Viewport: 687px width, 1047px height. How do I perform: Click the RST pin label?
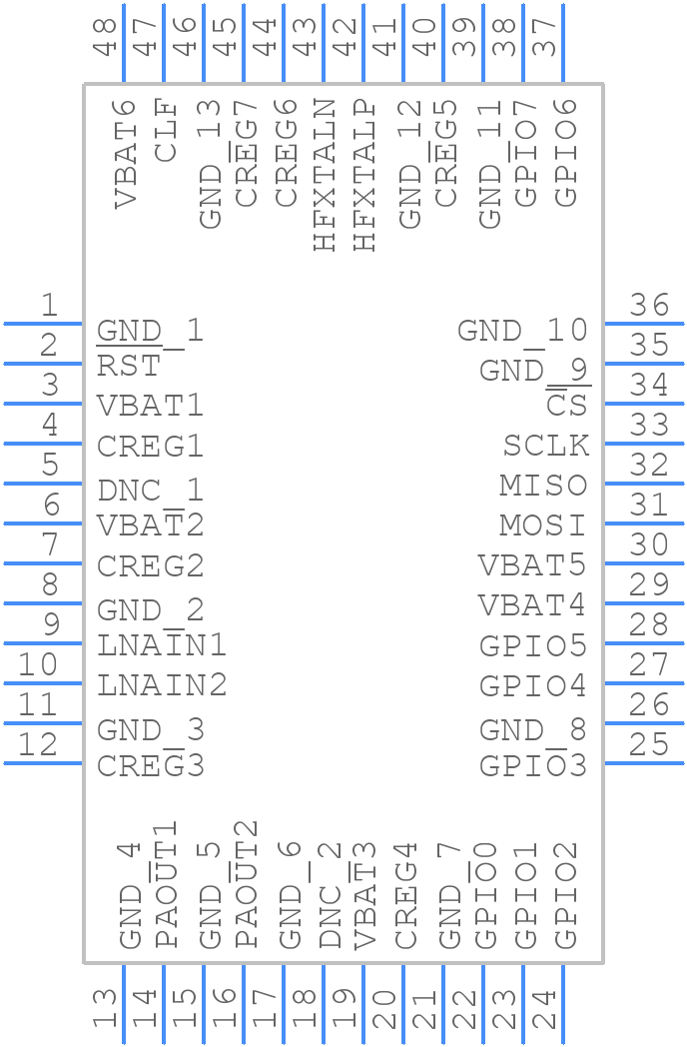coord(128,366)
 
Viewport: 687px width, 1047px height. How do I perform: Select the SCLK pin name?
coord(545,446)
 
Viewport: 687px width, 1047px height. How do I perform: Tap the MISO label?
coord(543,486)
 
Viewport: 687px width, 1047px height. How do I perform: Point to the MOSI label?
coord(543,525)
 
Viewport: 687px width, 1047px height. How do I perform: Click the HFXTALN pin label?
coord(326,174)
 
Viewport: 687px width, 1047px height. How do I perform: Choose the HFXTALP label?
coord(365,174)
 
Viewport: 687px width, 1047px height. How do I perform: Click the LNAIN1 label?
coord(162,645)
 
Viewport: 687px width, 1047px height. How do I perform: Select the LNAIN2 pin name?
coord(162,685)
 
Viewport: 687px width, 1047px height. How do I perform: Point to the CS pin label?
coord(567,406)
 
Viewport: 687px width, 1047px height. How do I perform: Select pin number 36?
coord(649,305)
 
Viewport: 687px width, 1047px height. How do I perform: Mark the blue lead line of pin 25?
coord(643,763)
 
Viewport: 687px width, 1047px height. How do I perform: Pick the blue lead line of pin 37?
coord(563,44)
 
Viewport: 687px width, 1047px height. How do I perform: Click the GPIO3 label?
coord(532,766)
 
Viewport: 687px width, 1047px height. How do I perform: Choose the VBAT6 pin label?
coord(126,153)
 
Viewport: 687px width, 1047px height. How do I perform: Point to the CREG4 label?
coord(405,897)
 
